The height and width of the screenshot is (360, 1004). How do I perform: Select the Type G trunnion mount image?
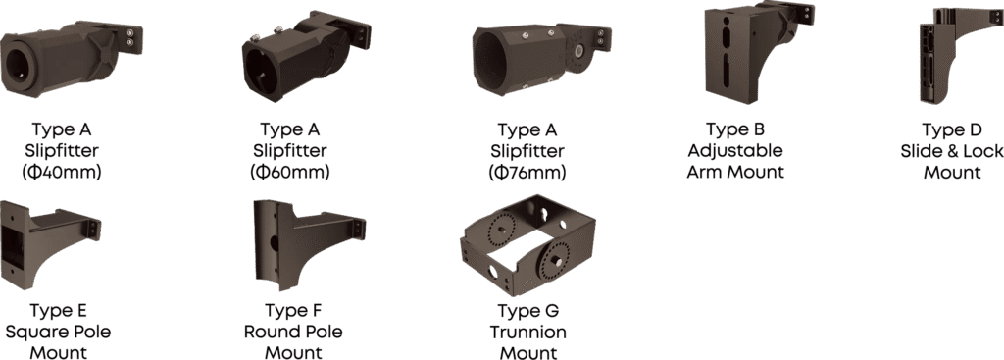pos(528,245)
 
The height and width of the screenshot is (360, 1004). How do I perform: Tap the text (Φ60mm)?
pos(290,173)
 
